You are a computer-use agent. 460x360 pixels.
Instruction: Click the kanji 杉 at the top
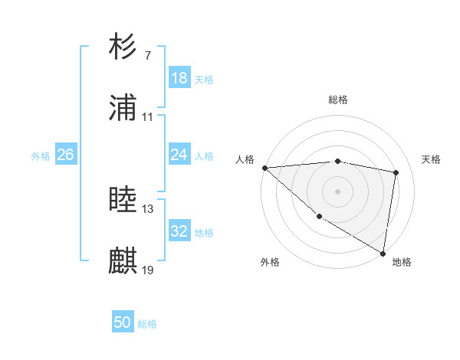click(123, 47)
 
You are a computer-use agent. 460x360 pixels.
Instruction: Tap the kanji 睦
click(123, 200)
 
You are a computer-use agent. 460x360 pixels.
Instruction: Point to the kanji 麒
click(123, 261)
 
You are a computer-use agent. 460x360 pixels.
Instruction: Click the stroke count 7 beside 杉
click(148, 56)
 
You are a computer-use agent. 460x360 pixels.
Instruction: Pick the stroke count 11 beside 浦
click(148, 117)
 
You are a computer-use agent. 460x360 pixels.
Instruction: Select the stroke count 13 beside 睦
click(148, 208)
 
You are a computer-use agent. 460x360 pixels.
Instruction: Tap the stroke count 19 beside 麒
click(148, 270)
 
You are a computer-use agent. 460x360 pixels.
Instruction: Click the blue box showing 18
click(179, 78)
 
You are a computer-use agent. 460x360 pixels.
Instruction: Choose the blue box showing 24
click(179, 155)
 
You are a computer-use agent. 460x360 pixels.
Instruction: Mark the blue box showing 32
click(179, 231)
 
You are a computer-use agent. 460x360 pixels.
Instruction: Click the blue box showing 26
click(65, 155)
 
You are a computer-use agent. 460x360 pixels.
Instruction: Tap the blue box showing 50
click(123, 323)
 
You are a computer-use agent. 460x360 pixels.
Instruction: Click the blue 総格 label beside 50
click(147, 324)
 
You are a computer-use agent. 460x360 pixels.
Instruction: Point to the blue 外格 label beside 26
click(41, 155)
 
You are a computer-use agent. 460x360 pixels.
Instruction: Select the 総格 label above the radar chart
click(338, 100)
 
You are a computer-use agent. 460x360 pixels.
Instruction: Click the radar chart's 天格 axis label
click(431, 159)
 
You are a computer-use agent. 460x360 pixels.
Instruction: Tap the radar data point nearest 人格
click(264, 168)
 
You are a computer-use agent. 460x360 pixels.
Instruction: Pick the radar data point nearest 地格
click(383, 253)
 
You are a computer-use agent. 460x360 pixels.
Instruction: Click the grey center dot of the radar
click(337, 191)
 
